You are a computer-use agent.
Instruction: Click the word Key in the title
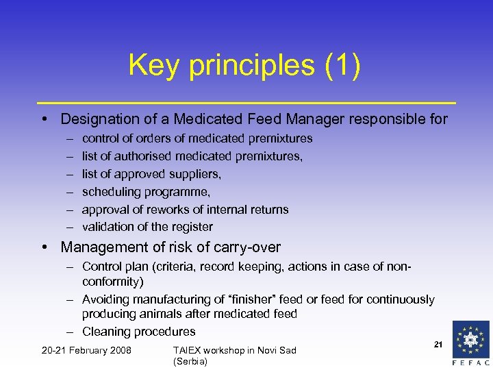(153, 66)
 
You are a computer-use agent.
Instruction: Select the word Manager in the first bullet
(309, 119)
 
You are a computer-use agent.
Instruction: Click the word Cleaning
(106, 332)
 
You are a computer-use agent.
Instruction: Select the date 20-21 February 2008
(86, 351)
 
